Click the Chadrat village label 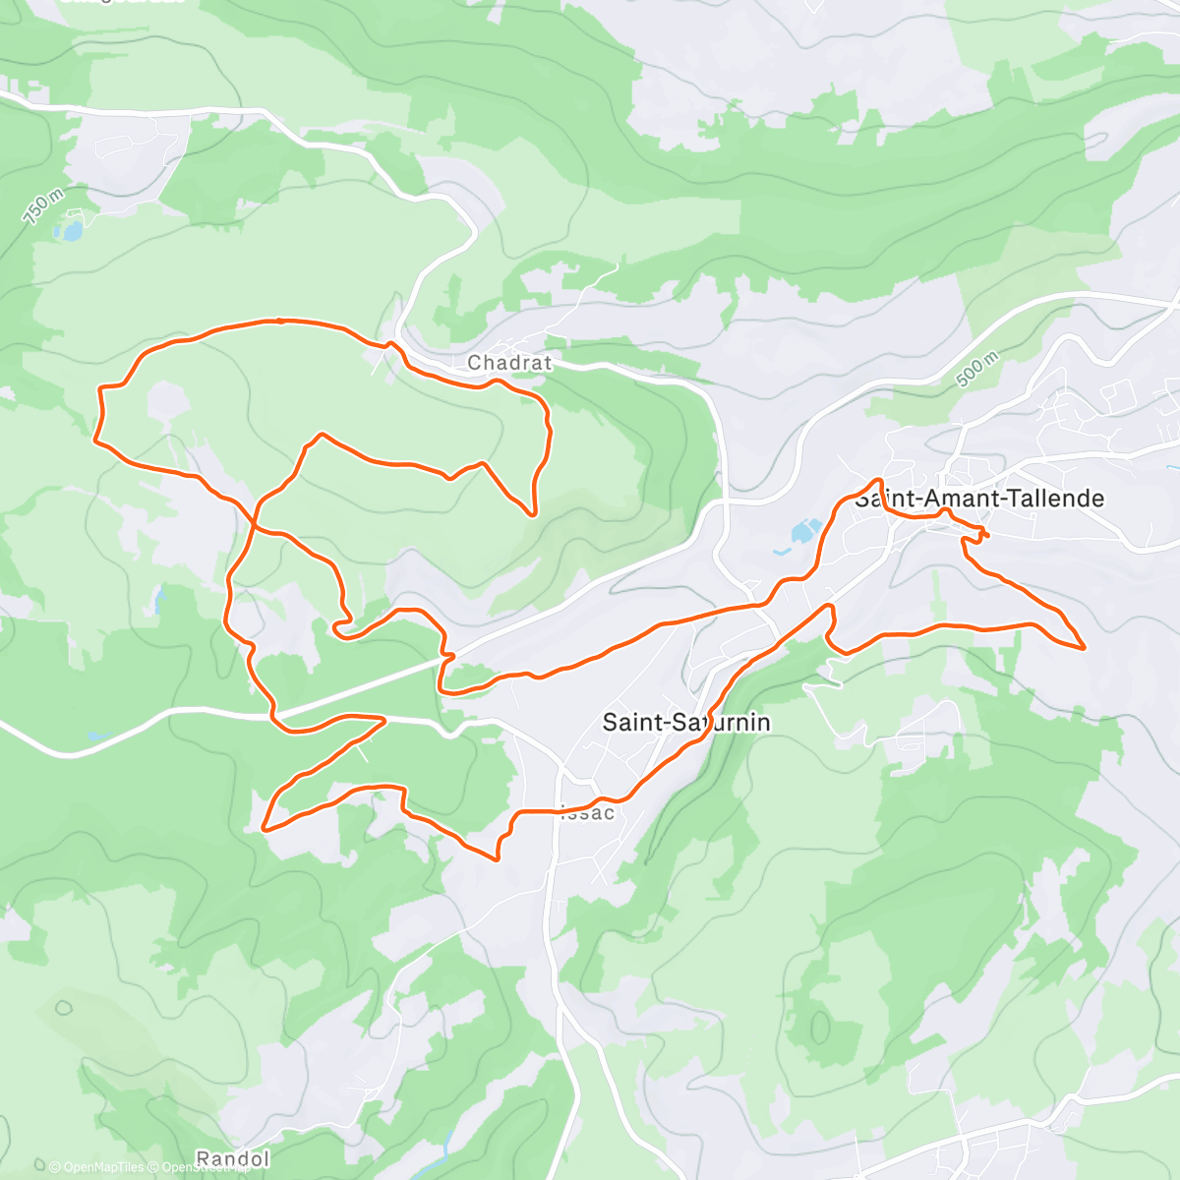509,363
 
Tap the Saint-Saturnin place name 685,723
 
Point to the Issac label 588,813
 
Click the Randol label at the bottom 232,1159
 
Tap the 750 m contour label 42,207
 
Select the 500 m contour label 975,368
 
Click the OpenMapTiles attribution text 96,1167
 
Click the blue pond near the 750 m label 69,231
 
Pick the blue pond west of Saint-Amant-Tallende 804,532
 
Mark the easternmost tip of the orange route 1084,647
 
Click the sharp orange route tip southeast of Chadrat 533,513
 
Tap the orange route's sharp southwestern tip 264,830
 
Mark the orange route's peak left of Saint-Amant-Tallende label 877,480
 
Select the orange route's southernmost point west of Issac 498,859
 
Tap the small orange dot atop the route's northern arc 280,320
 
